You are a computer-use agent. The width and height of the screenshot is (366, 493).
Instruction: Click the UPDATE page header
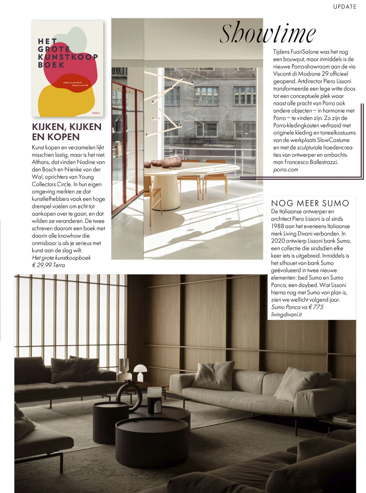[345, 7]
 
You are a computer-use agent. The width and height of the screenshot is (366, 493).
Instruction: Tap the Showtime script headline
[268, 33]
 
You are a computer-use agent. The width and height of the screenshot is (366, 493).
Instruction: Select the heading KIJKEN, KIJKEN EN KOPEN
[67, 132]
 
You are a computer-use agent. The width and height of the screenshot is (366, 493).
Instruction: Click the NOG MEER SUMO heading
[310, 203]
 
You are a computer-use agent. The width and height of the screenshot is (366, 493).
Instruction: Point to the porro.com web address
[285, 170]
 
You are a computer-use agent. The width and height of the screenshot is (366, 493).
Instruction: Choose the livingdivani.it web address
[286, 314]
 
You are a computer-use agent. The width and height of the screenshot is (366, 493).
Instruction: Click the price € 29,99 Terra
[48, 265]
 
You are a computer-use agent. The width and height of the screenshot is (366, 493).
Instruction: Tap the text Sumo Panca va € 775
[297, 307]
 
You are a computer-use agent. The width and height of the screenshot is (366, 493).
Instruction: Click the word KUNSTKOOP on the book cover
[68, 57]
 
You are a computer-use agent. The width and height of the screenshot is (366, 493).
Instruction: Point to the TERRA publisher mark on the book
[95, 113]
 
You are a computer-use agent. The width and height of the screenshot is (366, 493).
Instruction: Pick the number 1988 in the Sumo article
[278, 226]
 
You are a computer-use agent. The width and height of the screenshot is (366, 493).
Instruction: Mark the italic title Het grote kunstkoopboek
[61, 258]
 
